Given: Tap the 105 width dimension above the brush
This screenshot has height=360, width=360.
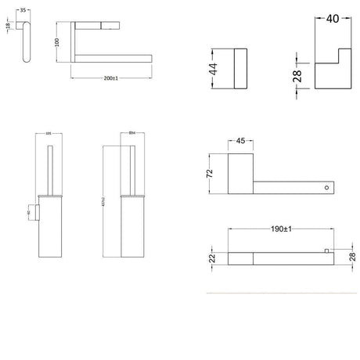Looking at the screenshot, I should point(49,134).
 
